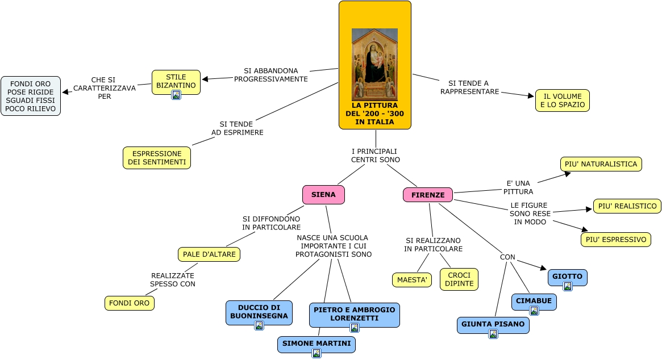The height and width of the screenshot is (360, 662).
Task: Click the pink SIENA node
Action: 323,195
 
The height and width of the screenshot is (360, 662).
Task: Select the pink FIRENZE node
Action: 428,195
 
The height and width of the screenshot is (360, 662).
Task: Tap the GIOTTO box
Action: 567,277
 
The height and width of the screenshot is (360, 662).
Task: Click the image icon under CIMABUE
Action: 534,311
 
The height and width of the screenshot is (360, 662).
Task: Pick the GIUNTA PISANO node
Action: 493,324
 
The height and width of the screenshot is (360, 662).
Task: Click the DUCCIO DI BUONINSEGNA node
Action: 259,311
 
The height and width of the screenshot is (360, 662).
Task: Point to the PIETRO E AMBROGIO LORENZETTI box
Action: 354,313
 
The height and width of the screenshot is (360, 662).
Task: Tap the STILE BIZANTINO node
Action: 176,81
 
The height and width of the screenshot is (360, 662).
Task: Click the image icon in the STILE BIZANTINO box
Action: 176,95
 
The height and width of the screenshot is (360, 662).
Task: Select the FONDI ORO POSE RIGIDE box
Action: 31,96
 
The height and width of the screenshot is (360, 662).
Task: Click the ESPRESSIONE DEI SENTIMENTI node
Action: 157,158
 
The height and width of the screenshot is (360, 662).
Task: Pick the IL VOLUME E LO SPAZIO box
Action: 562,101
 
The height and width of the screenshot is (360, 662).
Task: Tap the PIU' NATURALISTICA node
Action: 601,164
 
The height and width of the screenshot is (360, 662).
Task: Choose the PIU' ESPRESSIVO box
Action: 615,240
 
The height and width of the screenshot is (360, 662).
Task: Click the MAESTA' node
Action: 411,280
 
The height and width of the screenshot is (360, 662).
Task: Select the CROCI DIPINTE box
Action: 459,279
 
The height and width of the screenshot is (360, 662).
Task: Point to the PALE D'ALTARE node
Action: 209,254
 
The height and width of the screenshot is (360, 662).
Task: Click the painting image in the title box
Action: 374,64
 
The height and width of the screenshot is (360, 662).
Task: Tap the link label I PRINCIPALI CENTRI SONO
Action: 375,156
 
